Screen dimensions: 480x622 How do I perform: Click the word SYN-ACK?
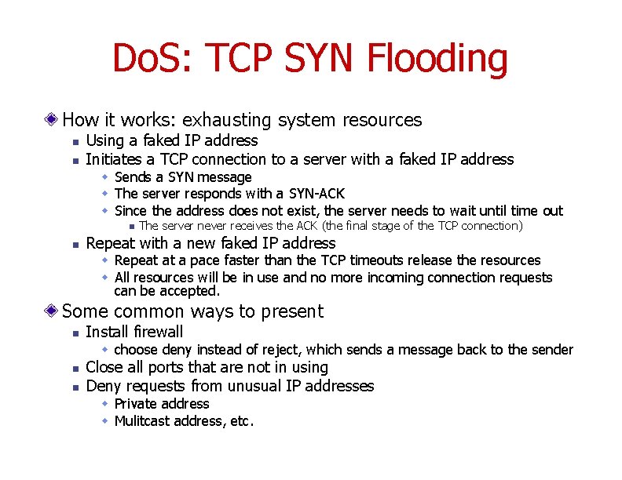click(316, 194)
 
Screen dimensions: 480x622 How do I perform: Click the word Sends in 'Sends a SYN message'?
click(133, 177)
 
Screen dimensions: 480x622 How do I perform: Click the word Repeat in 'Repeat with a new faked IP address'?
click(110, 243)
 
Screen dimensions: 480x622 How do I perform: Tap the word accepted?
click(194, 291)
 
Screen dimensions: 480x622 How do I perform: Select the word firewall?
click(157, 332)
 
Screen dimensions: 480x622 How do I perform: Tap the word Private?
click(138, 404)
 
